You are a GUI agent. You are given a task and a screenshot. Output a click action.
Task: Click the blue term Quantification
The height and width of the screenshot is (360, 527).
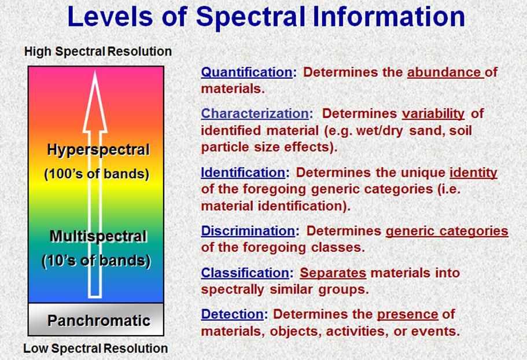(246, 72)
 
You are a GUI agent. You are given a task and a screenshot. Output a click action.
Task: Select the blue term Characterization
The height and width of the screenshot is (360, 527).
(255, 113)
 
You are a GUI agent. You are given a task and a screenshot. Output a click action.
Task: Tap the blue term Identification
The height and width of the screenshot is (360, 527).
(243, 172)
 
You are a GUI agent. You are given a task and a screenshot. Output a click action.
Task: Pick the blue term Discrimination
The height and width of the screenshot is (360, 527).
(248, 231)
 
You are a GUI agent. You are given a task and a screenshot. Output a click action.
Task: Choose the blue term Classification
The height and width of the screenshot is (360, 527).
(245, 273)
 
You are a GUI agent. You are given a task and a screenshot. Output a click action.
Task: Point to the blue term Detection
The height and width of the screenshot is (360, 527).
(232, 314)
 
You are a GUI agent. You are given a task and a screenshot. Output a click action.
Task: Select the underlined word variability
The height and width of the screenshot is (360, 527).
(433, 113)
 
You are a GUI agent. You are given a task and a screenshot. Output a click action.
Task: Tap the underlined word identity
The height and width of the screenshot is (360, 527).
(473, 173)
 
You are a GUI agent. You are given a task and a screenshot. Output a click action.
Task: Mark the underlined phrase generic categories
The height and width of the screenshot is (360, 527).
(447, 232)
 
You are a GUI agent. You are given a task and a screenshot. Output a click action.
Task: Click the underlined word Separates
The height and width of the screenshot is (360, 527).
(333, 273)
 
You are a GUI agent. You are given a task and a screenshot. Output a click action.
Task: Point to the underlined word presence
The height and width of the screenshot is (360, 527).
(408, 315)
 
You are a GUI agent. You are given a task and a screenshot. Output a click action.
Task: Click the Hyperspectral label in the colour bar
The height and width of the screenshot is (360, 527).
(98, 149)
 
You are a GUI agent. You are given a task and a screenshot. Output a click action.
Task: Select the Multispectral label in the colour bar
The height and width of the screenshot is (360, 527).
(98, 236)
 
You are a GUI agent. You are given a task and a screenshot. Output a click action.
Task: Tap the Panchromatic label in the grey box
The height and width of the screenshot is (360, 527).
(99, 320)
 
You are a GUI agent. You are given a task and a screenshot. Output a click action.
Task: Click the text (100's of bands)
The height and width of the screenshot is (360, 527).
(97, 174)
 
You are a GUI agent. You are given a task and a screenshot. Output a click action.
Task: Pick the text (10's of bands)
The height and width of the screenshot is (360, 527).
(96, 261)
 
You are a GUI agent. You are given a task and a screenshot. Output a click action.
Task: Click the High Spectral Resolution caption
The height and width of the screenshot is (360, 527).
(98, 52)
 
